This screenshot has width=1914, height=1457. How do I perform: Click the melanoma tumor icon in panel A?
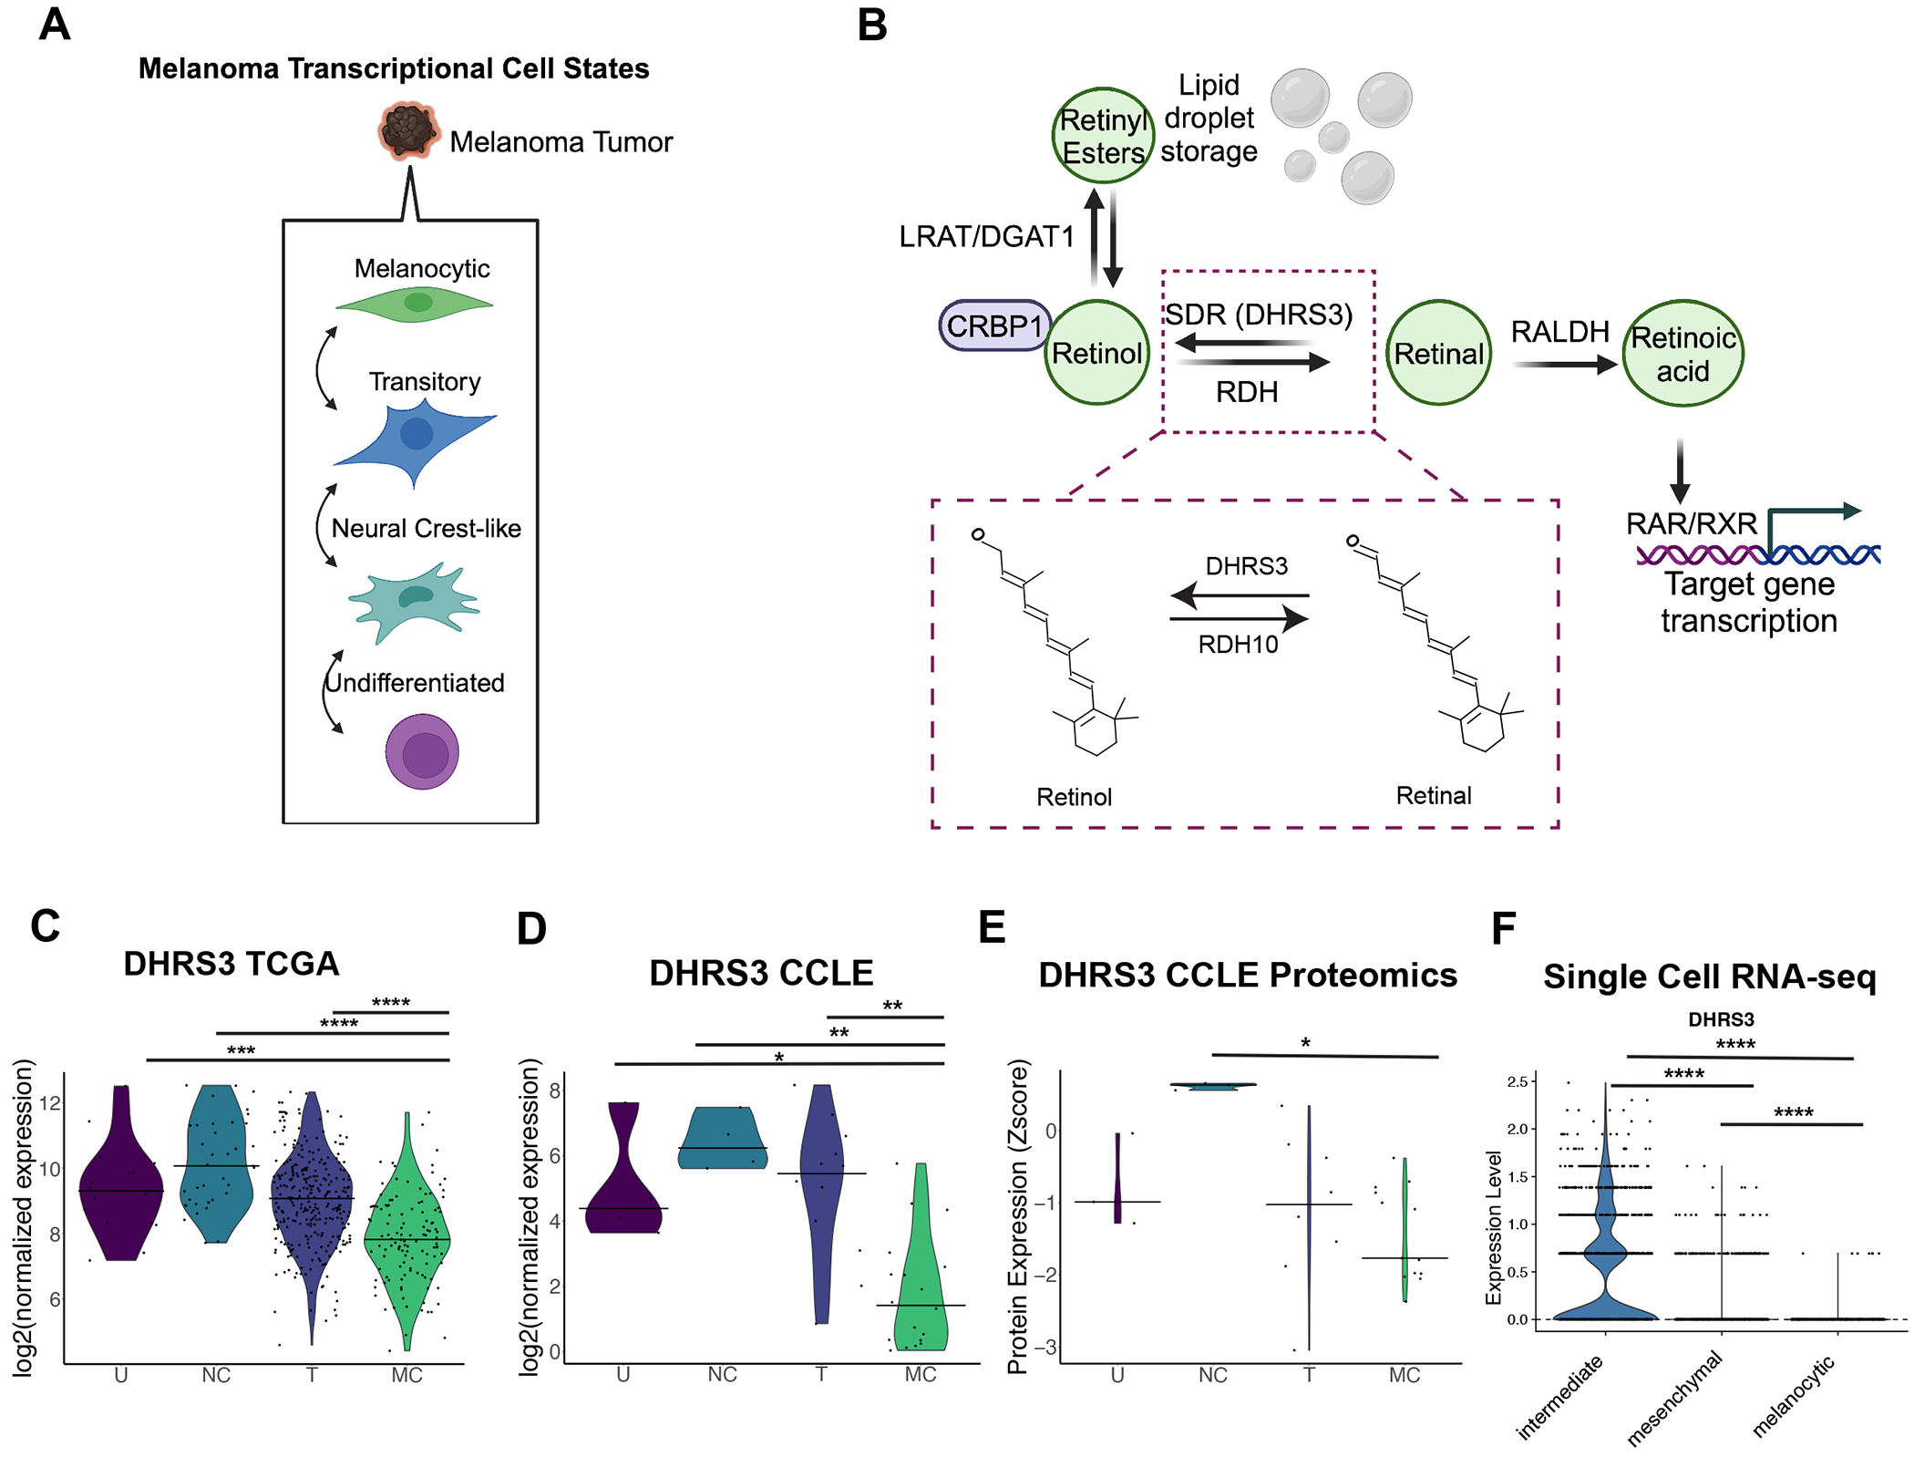click(x=407, y=131)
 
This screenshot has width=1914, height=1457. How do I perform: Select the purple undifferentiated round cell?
click(x=422, y=751)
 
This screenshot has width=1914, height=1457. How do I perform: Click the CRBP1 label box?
click(x=994, y=325)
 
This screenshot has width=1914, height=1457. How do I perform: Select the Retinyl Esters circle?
click(x=1103, y=136)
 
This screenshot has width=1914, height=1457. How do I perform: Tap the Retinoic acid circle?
click(x=1682, y=354)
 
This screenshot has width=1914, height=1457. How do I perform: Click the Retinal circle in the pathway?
click(x=1438, y=354)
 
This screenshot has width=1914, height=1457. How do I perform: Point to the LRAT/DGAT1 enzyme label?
click(x=986, y=237)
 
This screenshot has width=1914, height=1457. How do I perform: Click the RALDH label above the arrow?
click(x=1559, y=332)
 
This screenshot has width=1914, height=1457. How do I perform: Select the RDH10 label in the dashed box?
click(x=1238, y=645)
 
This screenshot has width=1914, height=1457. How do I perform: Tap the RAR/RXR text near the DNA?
click(x=1692, y=523)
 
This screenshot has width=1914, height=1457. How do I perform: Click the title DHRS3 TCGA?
click(x=232, y=964)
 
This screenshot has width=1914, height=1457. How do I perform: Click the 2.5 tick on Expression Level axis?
click(x=1517, y=1081)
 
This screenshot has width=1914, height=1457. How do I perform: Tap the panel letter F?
click(x=1502, y=929)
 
